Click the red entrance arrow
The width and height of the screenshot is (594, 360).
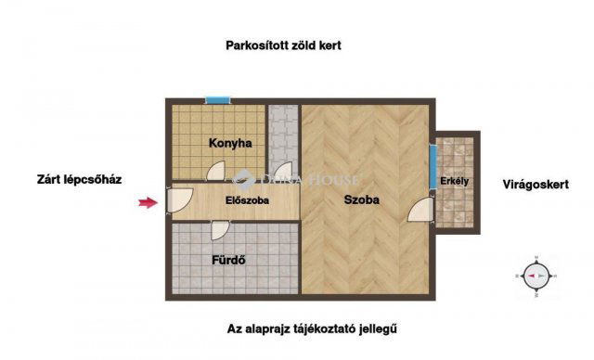tap(148, 203)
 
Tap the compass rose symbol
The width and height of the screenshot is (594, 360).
tap(536, 276)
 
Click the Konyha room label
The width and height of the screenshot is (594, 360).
tap(230, 144)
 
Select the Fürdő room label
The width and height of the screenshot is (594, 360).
tap(228, 261)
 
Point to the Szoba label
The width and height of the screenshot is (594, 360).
tap(361, 199)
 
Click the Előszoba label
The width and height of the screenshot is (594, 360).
tap(247, 200)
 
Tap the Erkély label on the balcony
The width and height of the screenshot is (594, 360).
tap(454, 181)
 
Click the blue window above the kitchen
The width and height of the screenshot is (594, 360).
tap(218, 100)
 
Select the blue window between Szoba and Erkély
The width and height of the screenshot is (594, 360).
tap(433, 167)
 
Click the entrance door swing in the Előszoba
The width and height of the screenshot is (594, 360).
tap(180, 199)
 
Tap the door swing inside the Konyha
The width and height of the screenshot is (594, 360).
tap(216, 171)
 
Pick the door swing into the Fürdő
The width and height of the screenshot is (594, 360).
tap(220, 230)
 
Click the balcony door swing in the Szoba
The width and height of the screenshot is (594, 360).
tap(420, 210)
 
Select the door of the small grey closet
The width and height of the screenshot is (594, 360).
tap(283, 171)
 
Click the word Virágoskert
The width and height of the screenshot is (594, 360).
tap(536, 185)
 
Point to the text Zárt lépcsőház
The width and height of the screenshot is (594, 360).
tap(79, 179)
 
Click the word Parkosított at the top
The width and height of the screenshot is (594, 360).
tap(257, 45)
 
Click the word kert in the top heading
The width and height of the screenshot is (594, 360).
tap(329, 45)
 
